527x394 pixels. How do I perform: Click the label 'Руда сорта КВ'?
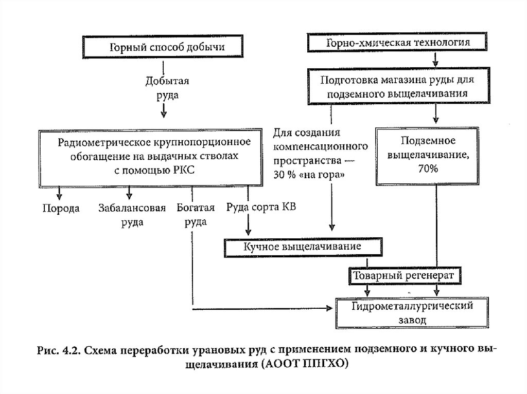260,208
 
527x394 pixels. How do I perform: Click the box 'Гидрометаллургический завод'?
412,312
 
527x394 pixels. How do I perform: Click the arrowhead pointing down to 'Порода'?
60,196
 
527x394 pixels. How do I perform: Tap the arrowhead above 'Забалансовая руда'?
130,196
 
